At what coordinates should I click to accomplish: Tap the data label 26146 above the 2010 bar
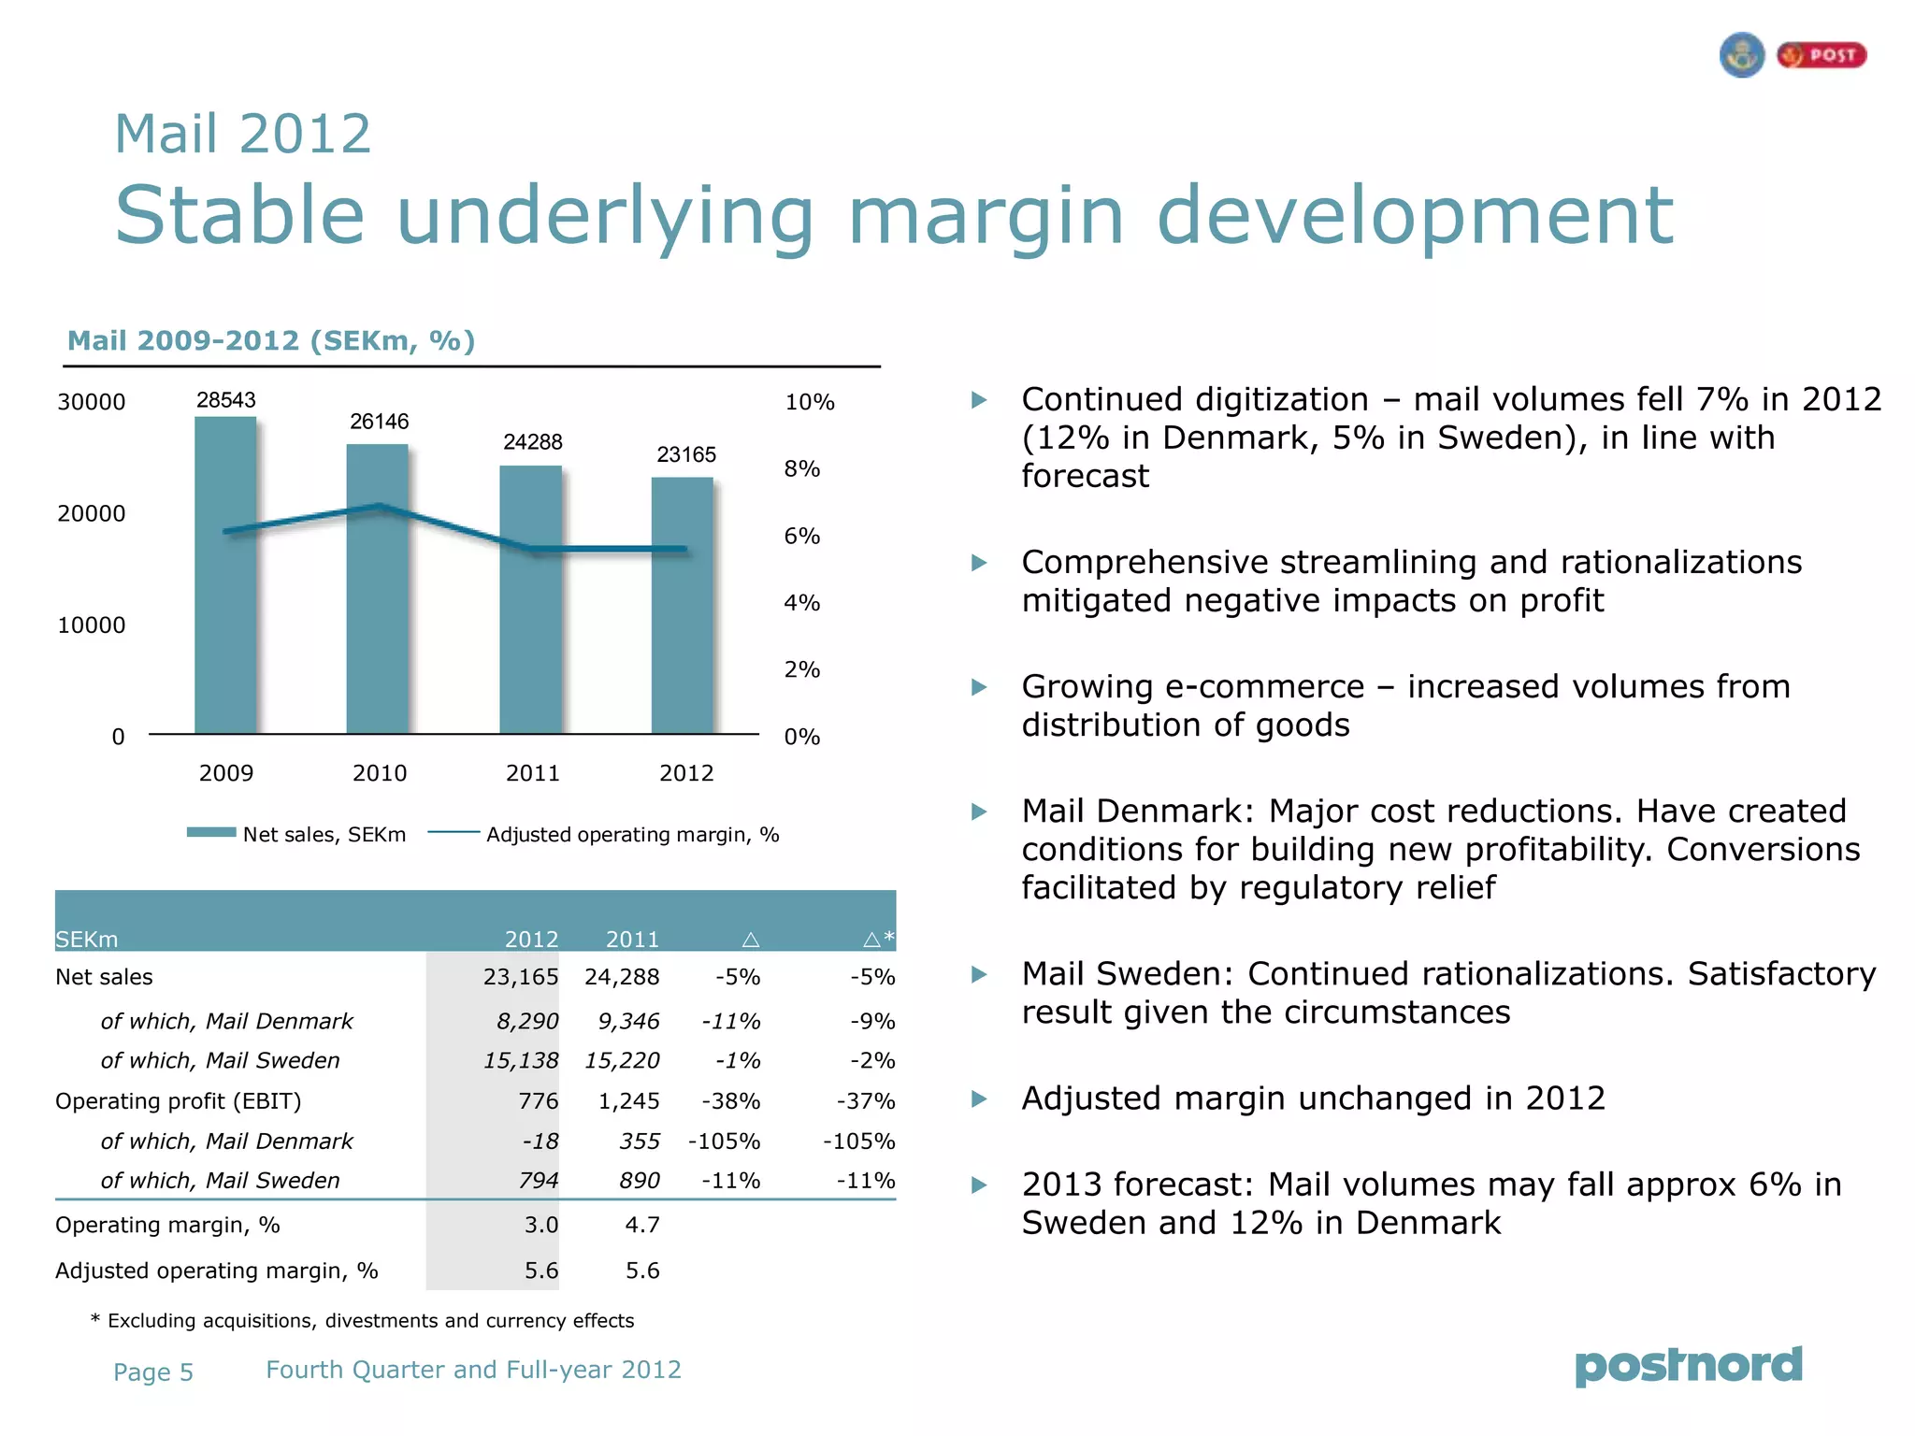pos(380,422)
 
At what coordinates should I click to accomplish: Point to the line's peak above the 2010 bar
pos(380,507)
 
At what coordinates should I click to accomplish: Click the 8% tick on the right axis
pos(802,469)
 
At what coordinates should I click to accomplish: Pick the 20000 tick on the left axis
pos(92,513)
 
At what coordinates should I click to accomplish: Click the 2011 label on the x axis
pos(533,773)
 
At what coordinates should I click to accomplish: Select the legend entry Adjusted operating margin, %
pos(632,834)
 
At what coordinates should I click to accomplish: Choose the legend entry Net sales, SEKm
pos(324,834)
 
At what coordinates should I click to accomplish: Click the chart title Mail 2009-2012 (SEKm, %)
pos(271,340)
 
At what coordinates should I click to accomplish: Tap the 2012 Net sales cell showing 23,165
pos(521,977)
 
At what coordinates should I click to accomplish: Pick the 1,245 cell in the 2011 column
pos(629,1101)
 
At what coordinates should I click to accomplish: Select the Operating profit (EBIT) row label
pos(179,1101)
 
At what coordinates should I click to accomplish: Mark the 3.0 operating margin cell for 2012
pos(541,1225)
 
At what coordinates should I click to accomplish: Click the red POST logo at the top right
pos(1821,55)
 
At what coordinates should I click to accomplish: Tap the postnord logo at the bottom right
pos(1689,1366)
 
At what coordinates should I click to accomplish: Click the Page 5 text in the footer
pos(153,1371)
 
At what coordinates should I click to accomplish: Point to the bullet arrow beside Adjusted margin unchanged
pos(979,1099)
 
